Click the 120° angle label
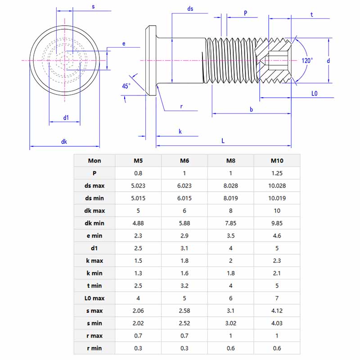[x=307, y=60]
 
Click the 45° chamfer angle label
[x=126, y=85]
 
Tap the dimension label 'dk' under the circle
[x=64, y=141]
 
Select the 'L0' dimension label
[x=315, y=94]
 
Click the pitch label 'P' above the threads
[x=245, y=13]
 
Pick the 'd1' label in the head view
[x=66, y=117]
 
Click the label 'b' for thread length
[x=251, y=109]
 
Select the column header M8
[x=230, y=161]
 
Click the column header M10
[x=277, y=161]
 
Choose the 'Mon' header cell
[x=94, y=161]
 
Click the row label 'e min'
[x=94, y=235]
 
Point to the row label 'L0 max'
[x=94, y=298]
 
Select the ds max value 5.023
[x=138, y=185]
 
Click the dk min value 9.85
[x=277, y=223]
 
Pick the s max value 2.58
[x=184, y=310]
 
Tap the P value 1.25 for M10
[x=277, y=173]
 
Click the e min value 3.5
[x=230, y=235]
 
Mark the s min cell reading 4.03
[x=277, y=323]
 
